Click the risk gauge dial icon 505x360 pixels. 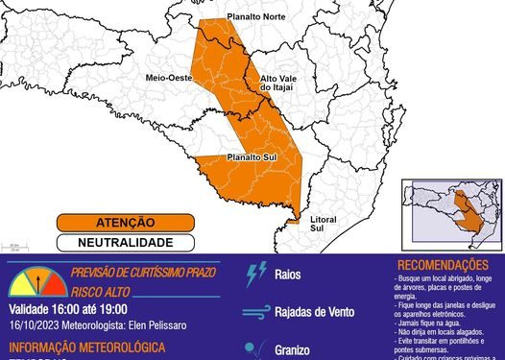(x=35, y=282)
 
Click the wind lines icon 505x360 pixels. (x=256, y=311)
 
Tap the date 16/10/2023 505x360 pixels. (x=36, y=325)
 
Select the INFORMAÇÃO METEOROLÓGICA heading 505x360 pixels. (x=87, y=347)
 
